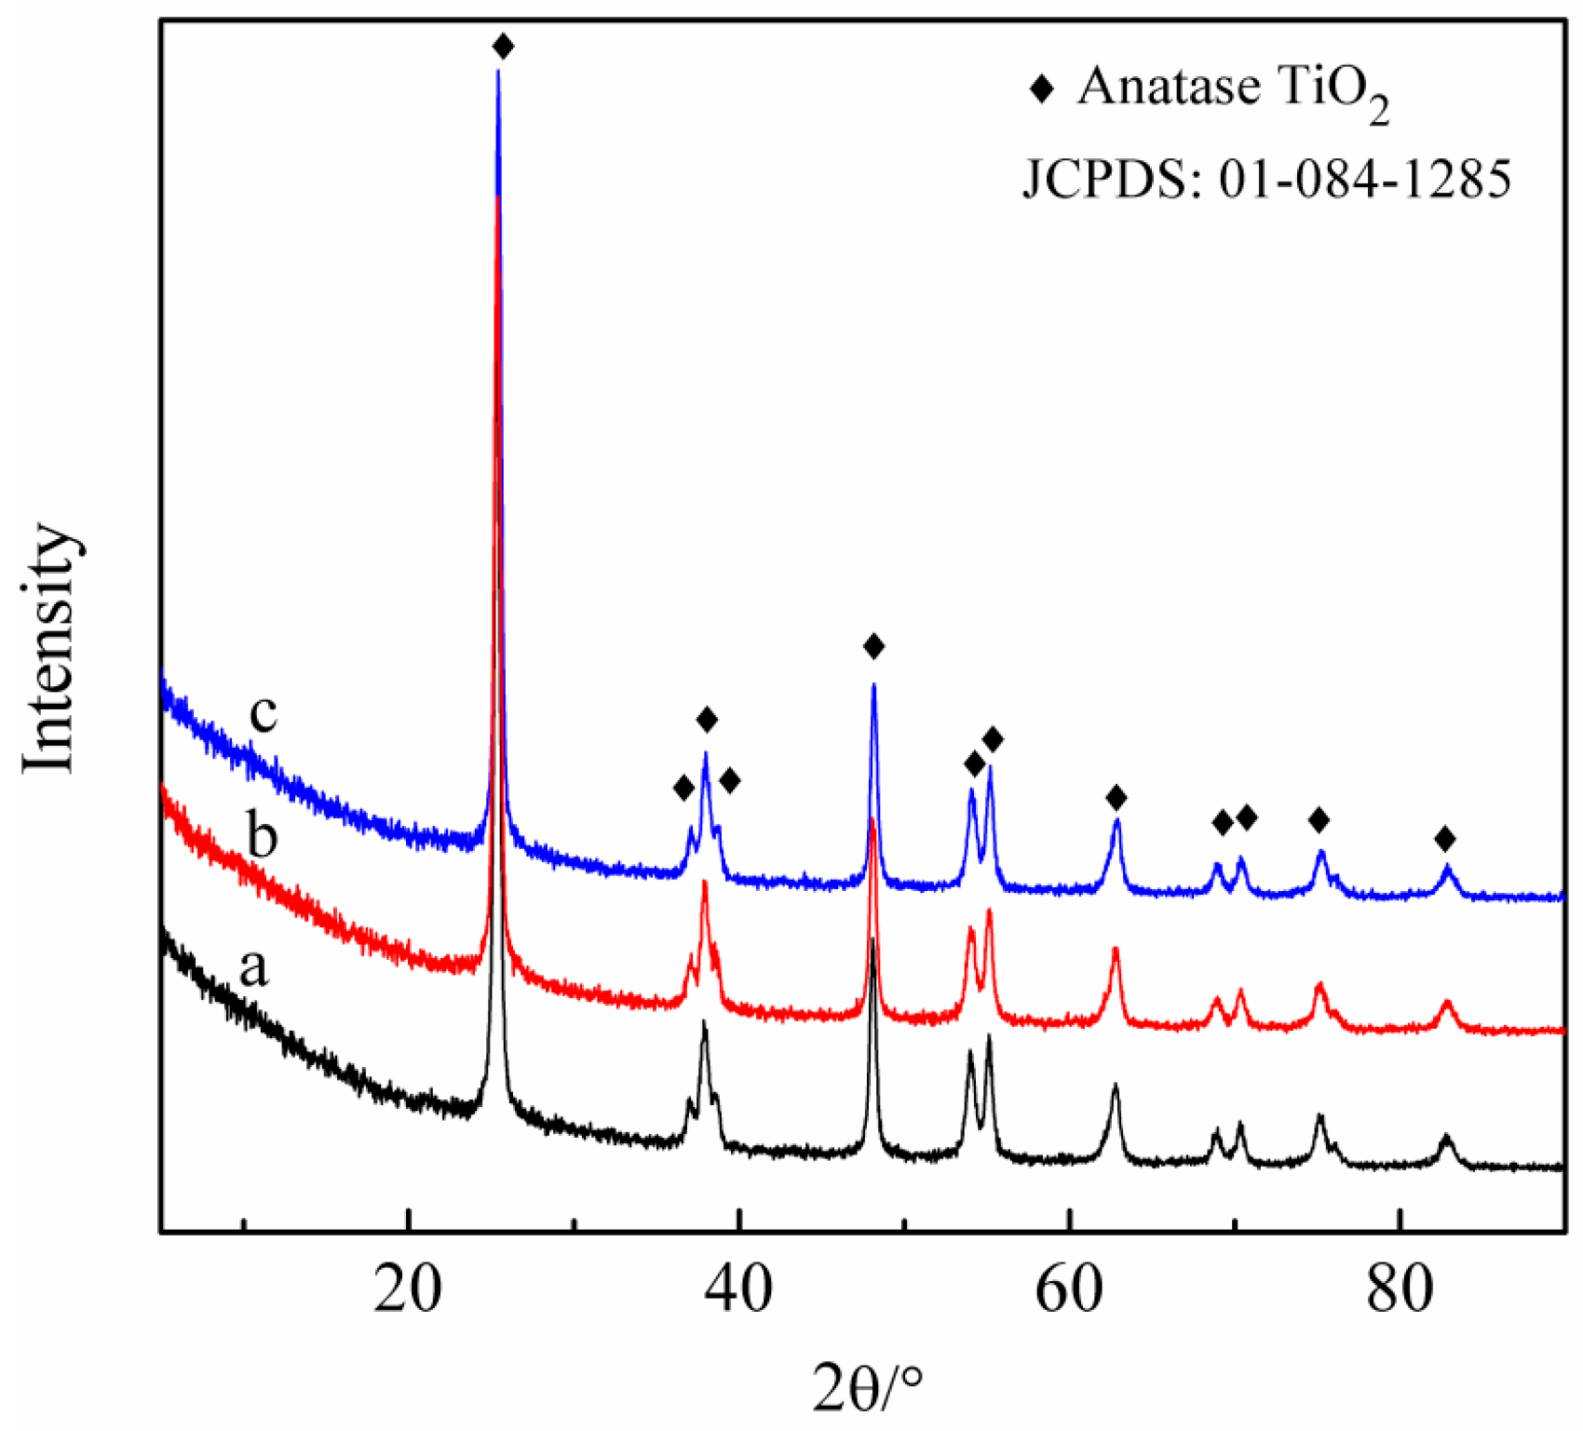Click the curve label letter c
coord(264,713)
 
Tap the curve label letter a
coord(253,968)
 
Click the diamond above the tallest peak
coord(503,47)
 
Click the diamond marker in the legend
coord(1041,89)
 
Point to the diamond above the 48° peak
coord(873,646)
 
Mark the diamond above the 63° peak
coord(1116,797)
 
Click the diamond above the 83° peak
coord(1444,840)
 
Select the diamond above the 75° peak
coord(1319,820)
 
